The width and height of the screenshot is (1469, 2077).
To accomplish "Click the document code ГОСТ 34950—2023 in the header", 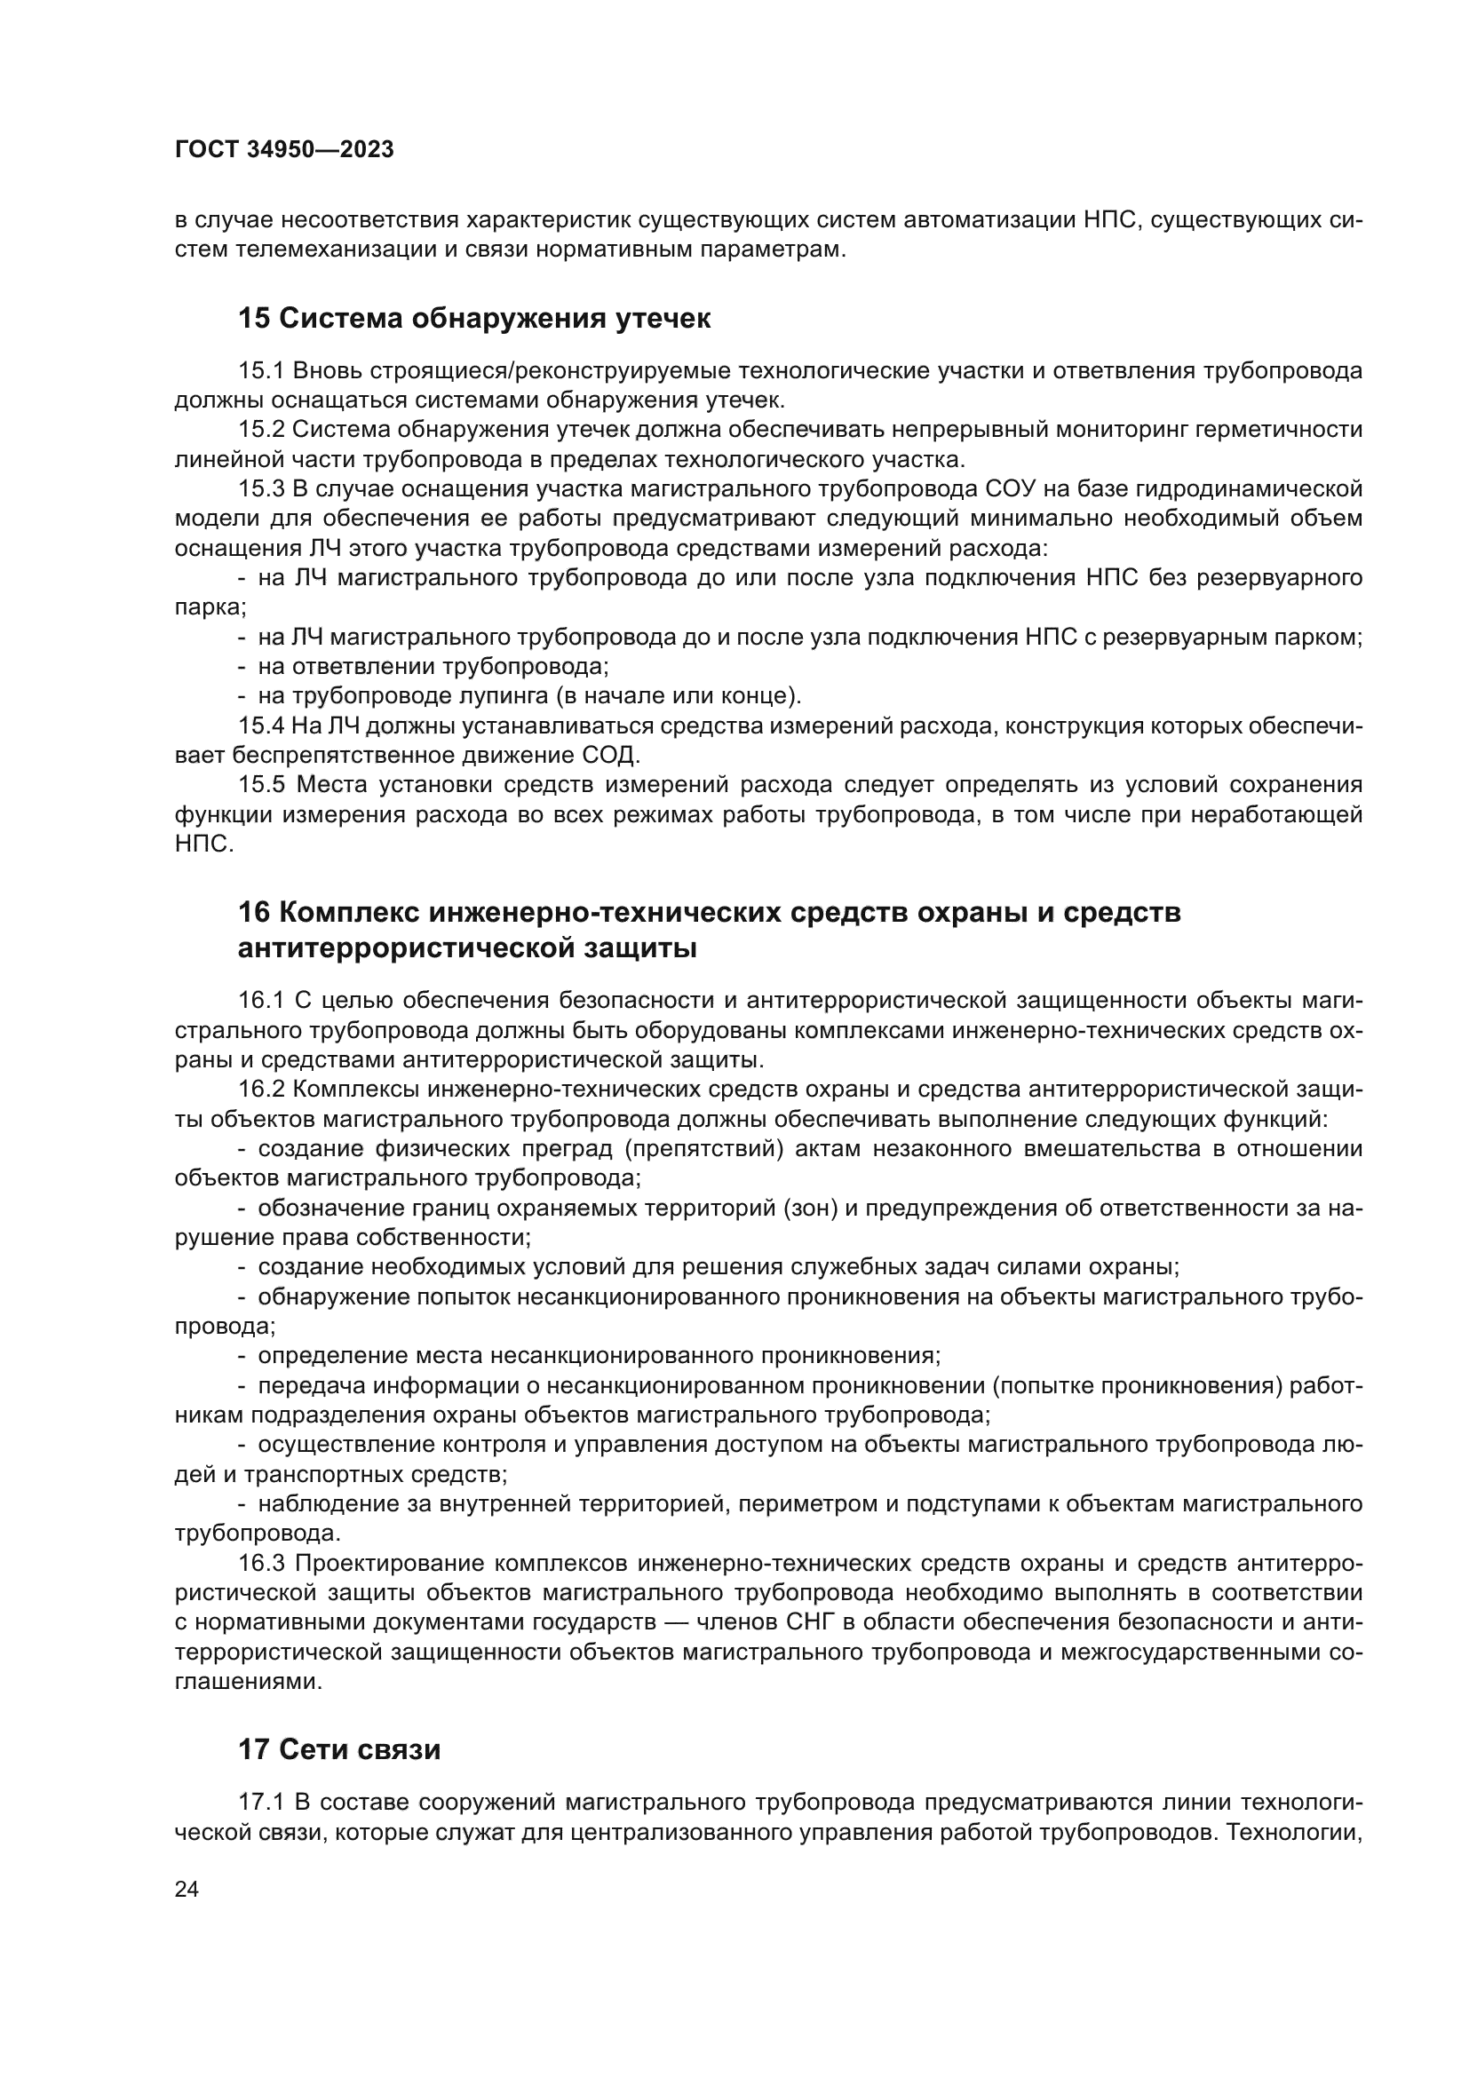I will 284,150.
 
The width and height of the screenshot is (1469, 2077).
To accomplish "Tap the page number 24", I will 187,1889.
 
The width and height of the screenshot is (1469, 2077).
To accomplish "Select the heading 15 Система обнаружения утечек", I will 474,319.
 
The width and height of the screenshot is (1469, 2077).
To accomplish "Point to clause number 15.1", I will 261,371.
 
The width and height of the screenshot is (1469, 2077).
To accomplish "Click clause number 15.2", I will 261,430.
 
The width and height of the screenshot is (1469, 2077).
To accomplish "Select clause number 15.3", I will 261,489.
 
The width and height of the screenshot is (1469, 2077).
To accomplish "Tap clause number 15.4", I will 261,725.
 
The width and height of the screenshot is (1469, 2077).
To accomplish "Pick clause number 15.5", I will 261,784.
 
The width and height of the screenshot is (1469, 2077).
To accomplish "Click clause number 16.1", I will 261,1001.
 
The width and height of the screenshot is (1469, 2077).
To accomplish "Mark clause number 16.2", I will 261,1090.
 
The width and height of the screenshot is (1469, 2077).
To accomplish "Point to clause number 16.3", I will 261,1563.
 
